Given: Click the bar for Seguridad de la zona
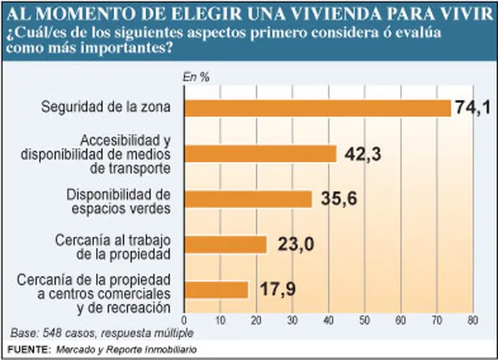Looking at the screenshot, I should pos(318,108).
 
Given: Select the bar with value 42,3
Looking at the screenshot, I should pos(261,154).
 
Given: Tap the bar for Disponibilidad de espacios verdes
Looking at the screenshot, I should pos(248,199).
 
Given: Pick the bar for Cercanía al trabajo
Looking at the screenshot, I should pos(226,245).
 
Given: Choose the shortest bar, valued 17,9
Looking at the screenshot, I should pos(217,289).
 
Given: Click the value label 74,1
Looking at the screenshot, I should pos(475,108).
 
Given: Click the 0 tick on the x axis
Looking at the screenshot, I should pos(185,320).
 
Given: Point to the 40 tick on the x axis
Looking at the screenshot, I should pos(329,320).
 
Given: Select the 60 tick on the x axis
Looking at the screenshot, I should pos(401,320).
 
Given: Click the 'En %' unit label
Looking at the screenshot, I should pos(196,77).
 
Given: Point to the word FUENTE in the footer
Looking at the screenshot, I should pos(27,349).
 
